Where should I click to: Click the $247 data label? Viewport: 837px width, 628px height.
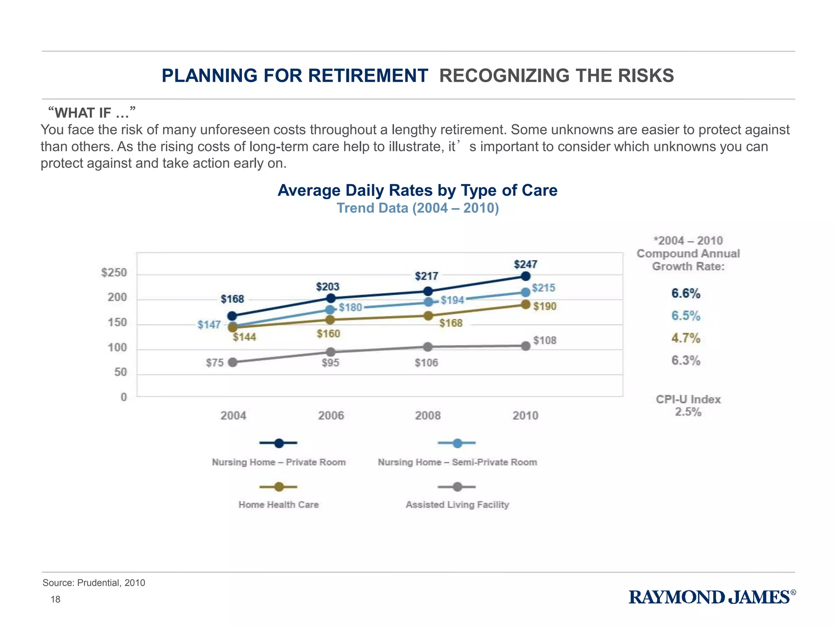(525, 264)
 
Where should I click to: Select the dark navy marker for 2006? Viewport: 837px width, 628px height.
(331, 298)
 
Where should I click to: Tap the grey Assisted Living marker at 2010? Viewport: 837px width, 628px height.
(526, 346)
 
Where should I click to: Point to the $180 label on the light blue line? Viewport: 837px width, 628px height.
(350, 307)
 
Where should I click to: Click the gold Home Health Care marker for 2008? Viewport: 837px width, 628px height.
(428, 316)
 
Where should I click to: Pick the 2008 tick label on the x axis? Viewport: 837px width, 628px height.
(428, 415)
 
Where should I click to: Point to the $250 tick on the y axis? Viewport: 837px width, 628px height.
(114, 273)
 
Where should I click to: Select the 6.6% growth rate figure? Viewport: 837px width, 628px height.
(685, 293)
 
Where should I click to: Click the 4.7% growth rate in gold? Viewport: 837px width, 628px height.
(685, 338)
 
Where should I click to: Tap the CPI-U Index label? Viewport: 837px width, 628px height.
(688, 399)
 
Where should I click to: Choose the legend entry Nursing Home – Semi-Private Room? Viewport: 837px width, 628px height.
(457, 462)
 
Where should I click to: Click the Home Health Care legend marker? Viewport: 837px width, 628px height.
(279, 487)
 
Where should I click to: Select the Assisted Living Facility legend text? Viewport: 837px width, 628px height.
(457, 505)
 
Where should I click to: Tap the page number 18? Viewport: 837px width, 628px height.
(55, 599)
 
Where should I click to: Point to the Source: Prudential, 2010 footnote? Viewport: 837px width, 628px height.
(94, 583)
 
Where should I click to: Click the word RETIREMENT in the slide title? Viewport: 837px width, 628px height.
(367, 76)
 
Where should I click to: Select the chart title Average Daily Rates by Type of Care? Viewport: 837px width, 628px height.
(417, 191)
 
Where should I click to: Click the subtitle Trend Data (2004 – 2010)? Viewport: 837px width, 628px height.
(417, 208)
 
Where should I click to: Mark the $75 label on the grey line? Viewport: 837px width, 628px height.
(215, 363)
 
